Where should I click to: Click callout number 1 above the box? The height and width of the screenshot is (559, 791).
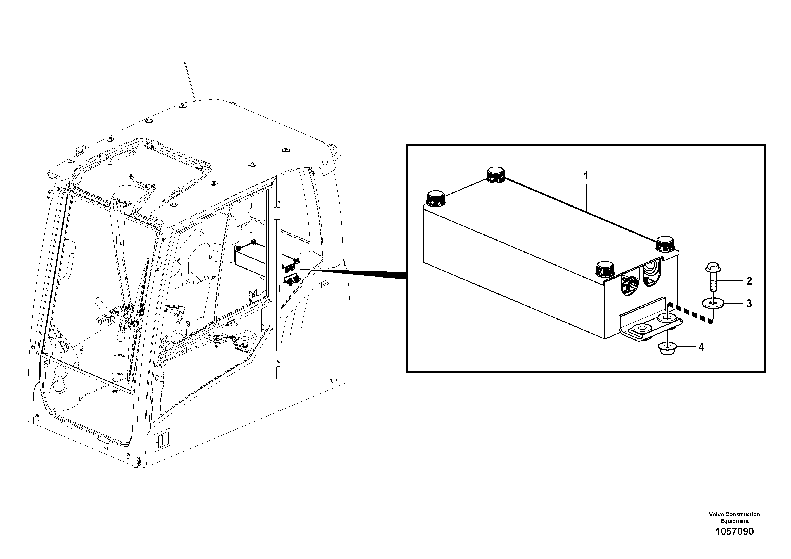(586, 176)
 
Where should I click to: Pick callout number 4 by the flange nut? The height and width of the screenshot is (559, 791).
(701, 347)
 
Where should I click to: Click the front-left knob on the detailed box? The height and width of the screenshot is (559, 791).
(435, 199)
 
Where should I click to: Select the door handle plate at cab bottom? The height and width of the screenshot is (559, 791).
(161, 440)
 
